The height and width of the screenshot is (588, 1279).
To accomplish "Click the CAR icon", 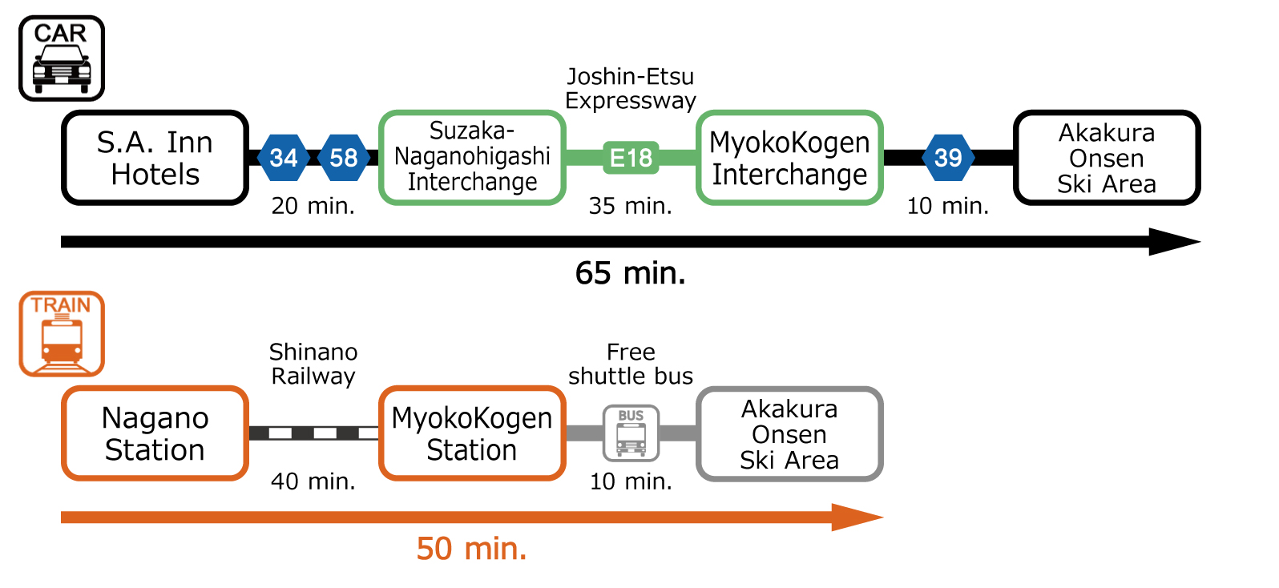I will tap(62, 58).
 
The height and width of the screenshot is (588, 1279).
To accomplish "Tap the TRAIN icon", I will tap(62, 333).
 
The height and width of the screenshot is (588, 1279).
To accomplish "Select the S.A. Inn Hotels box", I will tap(155, 158).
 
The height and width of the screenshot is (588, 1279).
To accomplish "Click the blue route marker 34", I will tap(284, 158).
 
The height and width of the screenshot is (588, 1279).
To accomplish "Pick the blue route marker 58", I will tap(344, 158).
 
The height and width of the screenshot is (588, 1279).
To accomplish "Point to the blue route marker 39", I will tap(948, 158).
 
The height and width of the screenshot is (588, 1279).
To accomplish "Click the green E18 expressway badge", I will tap(631, 158).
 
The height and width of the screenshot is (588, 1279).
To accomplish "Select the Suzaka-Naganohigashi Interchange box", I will tap(472, 157).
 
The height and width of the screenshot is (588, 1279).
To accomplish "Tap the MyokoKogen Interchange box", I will tap(789, 158).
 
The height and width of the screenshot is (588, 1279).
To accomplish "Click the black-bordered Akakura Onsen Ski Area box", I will tap(1107, 158).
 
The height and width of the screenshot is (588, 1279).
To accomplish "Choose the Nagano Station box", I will tap(155, 433).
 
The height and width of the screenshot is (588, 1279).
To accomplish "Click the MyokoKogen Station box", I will tap(472, 433).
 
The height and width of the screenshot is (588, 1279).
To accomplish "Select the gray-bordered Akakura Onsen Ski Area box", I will tap(789, 433).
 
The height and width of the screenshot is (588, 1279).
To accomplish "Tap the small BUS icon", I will tap(631, 433).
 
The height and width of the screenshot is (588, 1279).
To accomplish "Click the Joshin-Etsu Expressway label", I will tap(631, 88).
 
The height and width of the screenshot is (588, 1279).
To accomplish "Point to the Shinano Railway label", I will tap(313, 364).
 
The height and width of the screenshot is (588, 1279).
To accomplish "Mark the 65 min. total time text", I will tap(631, 273).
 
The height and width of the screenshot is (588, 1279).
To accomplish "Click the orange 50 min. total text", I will tap(471, 549).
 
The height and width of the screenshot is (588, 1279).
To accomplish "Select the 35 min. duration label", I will tap(631, 206).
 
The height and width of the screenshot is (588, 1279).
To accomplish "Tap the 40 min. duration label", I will tap(313, 481).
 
